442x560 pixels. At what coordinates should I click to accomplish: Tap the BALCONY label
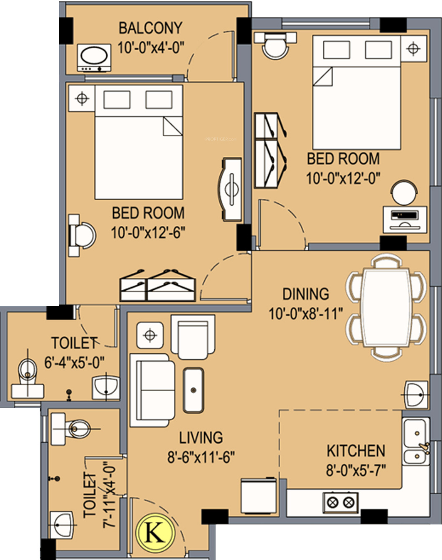pos(150,28)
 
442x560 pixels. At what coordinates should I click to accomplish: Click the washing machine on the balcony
pos(94,58)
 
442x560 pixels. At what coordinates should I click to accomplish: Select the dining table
pos(386,308)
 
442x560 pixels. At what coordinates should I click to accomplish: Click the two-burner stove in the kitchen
pos(340,502)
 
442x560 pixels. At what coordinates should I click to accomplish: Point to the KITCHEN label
pos(356,451)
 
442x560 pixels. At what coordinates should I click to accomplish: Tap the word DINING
pos(306,294)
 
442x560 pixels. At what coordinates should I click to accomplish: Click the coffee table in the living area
pos(193,390)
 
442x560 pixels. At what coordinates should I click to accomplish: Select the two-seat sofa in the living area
pos(152,390)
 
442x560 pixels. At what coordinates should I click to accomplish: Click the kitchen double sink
pos(416,442)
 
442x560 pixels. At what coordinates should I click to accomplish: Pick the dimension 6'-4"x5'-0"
pos(74,362)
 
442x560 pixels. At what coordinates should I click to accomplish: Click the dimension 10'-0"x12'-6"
pos(148,233)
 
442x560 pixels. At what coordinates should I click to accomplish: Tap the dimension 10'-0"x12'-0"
pos(343,178)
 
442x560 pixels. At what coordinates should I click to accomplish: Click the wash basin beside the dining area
pos(416,394)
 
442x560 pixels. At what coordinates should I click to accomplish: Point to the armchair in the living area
pos(193,337)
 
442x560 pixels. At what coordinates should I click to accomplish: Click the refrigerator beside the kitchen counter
pos(259,496)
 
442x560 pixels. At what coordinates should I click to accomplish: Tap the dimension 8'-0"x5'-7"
pos(356,470)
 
